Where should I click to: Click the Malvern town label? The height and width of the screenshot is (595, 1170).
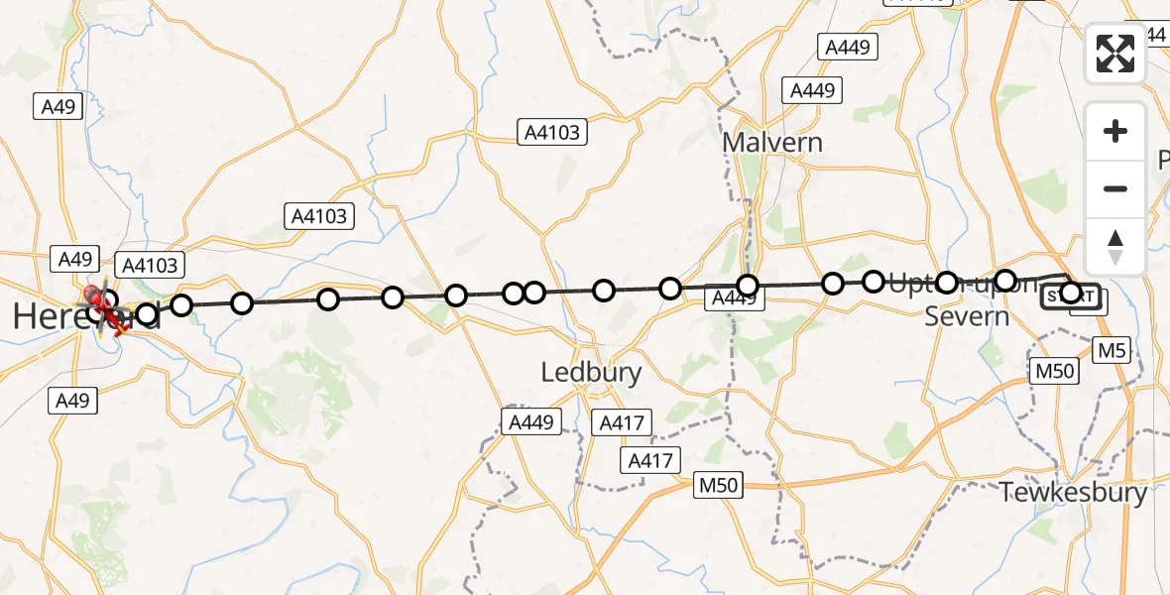[771, 142]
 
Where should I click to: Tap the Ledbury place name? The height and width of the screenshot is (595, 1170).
[591, 373]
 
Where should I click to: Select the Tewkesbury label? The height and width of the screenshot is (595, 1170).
[1074, 492]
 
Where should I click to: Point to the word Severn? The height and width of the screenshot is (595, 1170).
[967, 316]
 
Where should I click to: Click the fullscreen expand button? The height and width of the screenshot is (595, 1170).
[1115, 54]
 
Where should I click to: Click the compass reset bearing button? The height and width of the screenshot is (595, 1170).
[1115, 246]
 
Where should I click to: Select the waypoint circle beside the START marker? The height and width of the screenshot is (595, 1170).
[1071, 293]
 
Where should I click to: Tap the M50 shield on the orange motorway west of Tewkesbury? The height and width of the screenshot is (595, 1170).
[718, 485]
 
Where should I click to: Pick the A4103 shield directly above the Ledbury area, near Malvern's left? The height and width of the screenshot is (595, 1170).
[553, 132]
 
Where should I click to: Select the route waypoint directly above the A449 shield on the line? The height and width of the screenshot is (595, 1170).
[748, 286]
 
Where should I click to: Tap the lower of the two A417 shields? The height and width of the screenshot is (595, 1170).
[649, 460]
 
